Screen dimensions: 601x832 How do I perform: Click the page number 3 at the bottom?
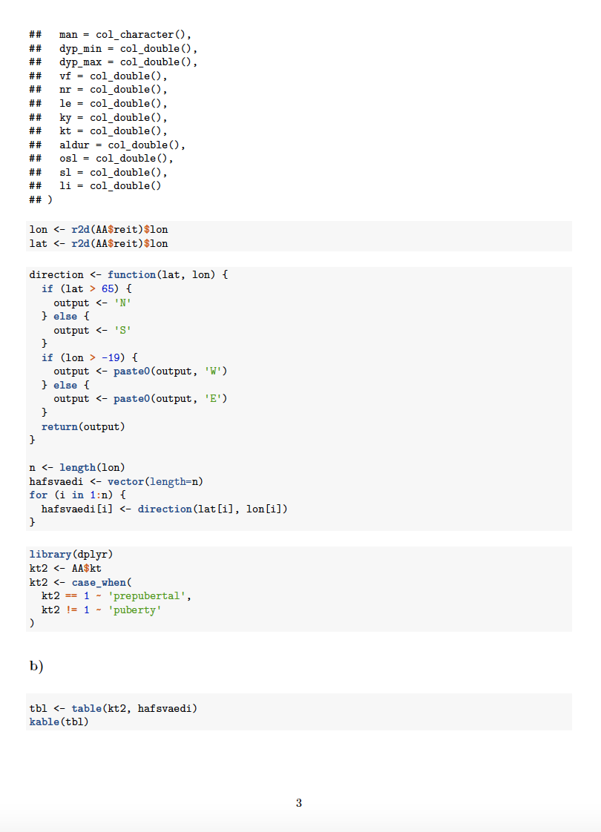click(299, 803)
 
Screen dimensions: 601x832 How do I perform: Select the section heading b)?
click(36, 665)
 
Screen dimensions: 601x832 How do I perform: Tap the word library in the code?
click(50, 555)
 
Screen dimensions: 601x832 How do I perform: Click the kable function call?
click(44, 722)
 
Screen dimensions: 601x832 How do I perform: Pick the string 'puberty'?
click(134, 610)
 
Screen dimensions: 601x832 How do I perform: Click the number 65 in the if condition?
click(108, 288)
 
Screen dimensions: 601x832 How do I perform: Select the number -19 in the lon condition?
click(111, 357)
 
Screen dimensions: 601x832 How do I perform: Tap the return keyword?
click(59, 426)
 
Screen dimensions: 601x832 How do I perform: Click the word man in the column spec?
click(68, 35)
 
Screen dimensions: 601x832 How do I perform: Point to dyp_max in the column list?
click(80, 62)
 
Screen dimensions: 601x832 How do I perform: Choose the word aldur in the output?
click(74, 145)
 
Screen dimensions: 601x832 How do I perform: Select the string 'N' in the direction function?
click(122, 303)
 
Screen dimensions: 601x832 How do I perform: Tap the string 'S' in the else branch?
click(122, 330)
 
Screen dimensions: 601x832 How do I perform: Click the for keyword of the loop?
click(39, 495)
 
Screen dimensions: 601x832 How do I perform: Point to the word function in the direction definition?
click(131, 275)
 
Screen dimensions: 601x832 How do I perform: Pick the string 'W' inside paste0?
click(214, 372)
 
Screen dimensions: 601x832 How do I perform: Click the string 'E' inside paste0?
click(214, 398)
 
